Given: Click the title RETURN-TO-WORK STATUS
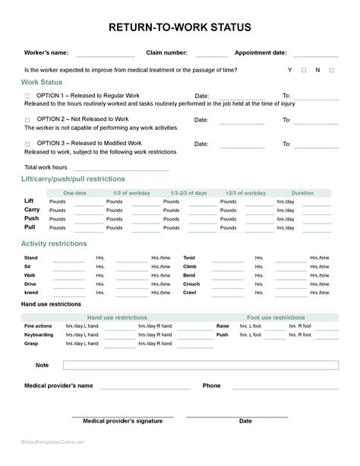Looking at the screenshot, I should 180,27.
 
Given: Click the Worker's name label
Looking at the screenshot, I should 46,52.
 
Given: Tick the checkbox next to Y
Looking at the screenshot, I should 304,70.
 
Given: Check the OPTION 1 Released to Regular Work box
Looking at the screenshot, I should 27,96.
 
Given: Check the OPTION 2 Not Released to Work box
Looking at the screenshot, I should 27,119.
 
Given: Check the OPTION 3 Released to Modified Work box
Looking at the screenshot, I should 27,143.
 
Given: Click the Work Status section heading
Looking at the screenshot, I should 42,82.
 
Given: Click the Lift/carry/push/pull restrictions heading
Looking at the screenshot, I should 73,179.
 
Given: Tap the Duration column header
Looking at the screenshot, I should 302,193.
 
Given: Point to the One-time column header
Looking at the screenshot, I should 74,193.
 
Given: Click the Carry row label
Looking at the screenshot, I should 32,209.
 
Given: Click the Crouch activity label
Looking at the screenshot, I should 191,284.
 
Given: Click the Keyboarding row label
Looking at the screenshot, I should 39,334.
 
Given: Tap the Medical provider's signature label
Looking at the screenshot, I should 122,420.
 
